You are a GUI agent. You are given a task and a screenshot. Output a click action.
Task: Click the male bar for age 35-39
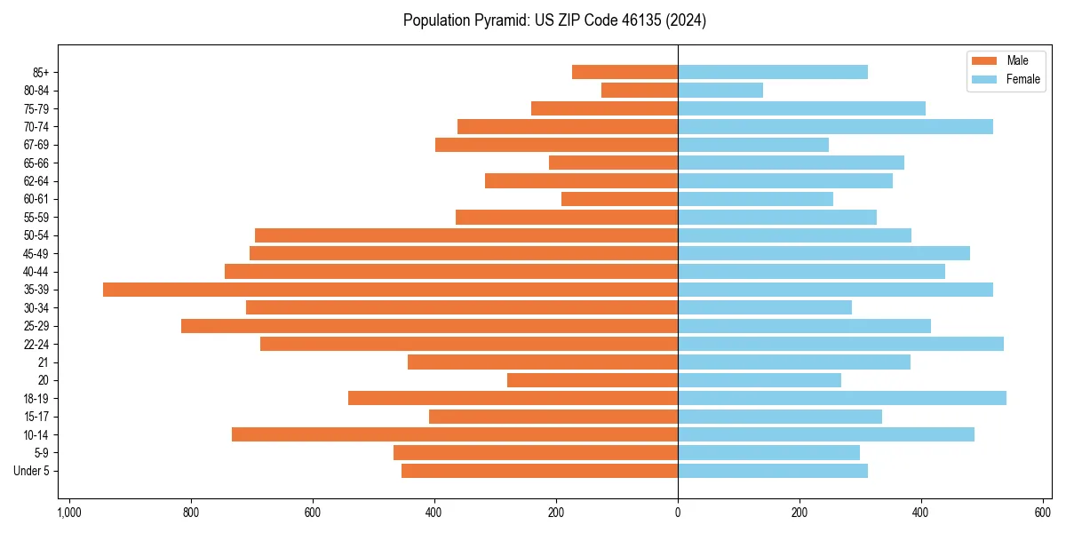pos(390,290)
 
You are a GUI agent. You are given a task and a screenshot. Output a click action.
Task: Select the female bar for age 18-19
pos(842,398)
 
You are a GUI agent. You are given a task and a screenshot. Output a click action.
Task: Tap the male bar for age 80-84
pos(640,90)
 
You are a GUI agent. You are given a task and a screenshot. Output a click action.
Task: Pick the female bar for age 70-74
pos(835,126)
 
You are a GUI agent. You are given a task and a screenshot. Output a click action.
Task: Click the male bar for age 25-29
pos(429,326)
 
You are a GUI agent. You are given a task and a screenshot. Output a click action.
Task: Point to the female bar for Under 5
pos(773,471)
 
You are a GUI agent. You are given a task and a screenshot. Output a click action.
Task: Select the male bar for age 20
pos(593,380)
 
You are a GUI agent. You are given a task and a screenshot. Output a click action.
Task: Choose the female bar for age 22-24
pos(840,344)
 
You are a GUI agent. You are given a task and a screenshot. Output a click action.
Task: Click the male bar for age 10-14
pos(455,434)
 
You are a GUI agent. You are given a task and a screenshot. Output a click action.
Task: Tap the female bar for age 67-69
pos(753,145)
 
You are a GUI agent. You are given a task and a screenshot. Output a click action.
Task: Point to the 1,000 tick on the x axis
pos(69,513)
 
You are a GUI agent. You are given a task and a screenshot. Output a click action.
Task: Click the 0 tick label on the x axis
pos(678,513)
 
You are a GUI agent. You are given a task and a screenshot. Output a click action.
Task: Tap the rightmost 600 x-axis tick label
pos(1043,513)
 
